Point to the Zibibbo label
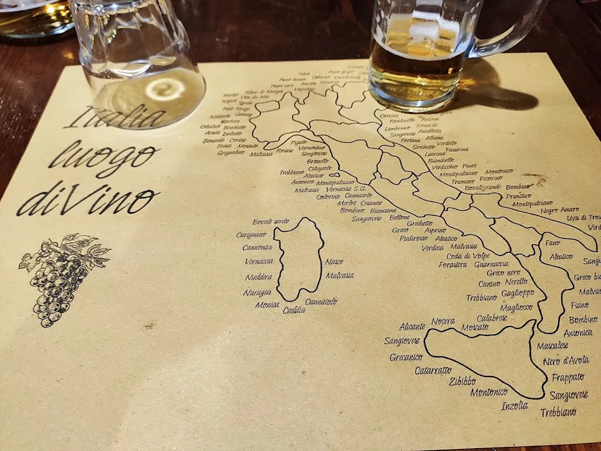[x=462, y=381]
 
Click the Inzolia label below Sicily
[x=515, y=405]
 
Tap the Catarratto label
[x=433, y=371]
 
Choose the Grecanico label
[x=406, y=356]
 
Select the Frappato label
[x=568, y=377]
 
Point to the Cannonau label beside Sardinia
[x=259, y=247]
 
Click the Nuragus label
[x=257, y=292]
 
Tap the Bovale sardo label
[x=271, y=221]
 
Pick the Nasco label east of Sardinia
[x=334, y=261]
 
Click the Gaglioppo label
[x=518, y=293]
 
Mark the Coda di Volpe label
[x=468, y=255]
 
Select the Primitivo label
[x=518, y=196]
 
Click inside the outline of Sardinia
[x=299, y=258]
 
